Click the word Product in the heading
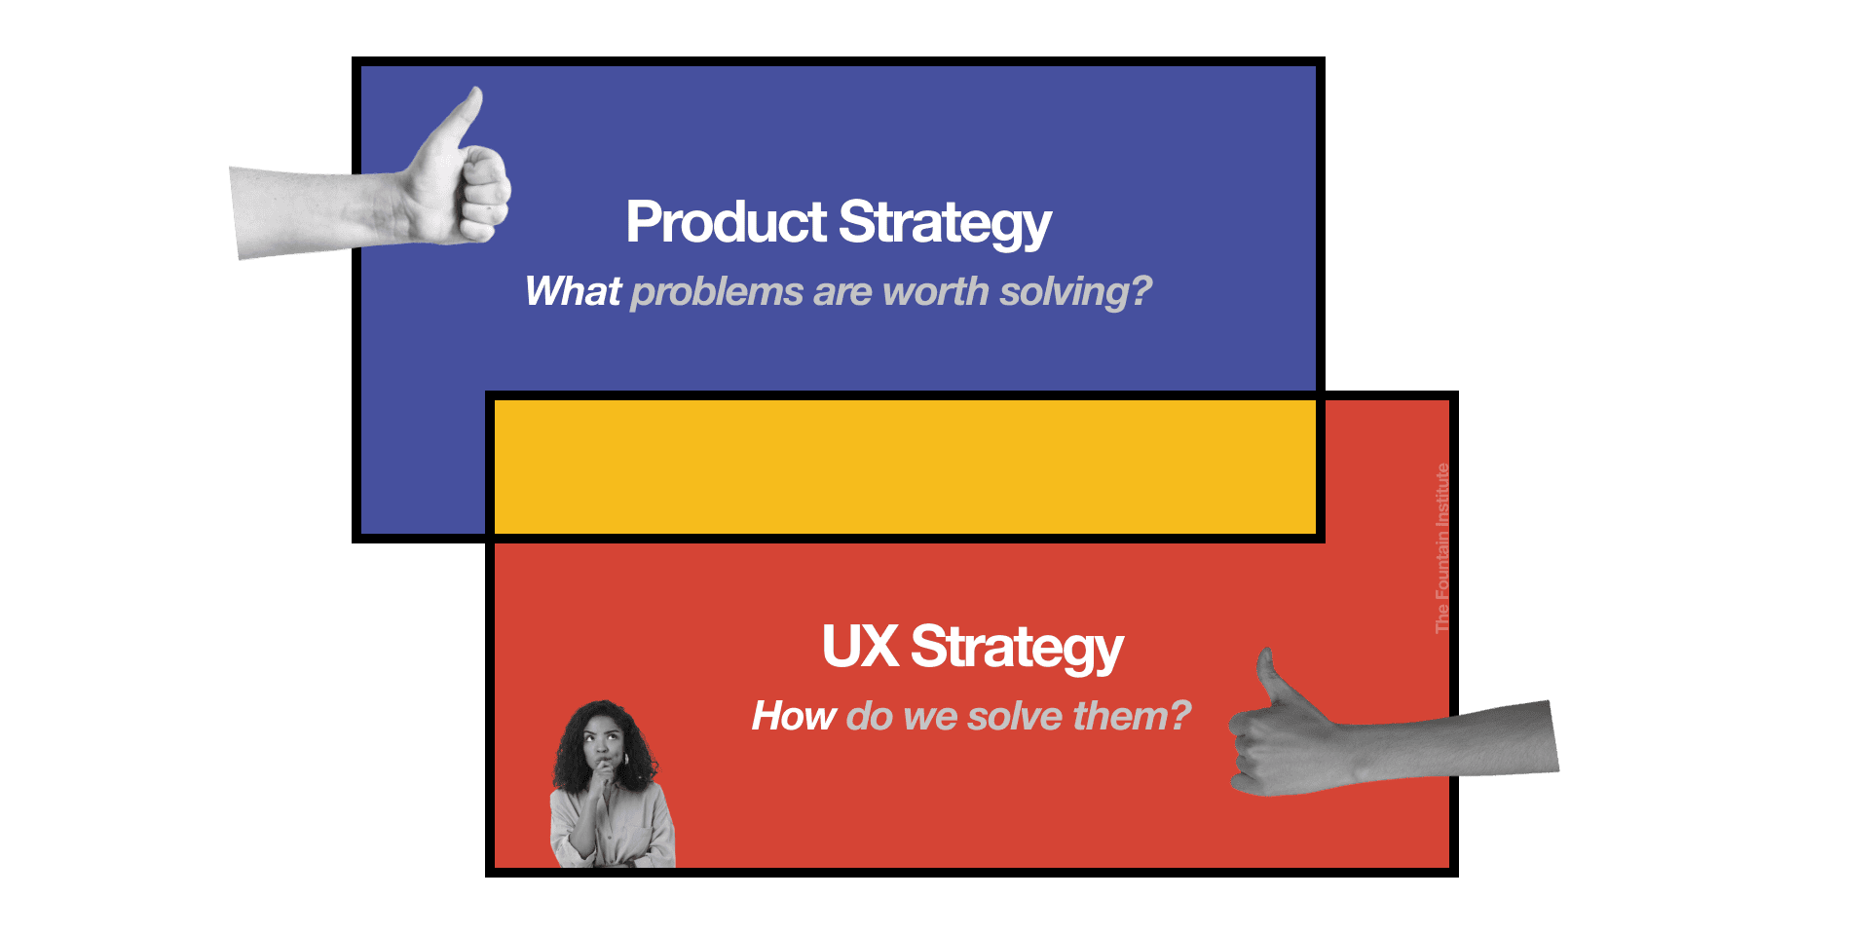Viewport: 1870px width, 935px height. pos(726,222)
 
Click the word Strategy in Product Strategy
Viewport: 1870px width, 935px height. pos(945,224)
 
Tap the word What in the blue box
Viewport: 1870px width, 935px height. pos(573,291)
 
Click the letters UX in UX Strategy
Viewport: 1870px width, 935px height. pos(859,647)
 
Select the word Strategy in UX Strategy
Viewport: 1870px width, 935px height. pos(1017,649)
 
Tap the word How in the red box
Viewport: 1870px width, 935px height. pos(794,716)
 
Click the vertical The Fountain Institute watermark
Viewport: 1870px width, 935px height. pos(1442,547)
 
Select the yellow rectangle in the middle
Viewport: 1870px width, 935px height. pos(905,467)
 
